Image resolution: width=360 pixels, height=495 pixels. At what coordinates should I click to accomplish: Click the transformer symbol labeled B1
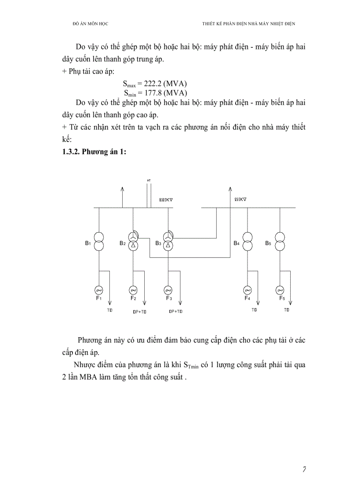[x=99, y=242]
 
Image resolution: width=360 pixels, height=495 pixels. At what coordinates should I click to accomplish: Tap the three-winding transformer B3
[x=168, y=242]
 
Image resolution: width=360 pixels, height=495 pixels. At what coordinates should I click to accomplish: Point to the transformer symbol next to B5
[x=280, y=242]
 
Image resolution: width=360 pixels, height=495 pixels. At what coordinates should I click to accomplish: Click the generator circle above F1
[x=99, y=290]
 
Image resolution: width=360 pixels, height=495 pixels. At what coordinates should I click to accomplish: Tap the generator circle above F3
[x=168, y=290]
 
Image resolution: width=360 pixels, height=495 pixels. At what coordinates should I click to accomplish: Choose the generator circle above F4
[x=247, y=290]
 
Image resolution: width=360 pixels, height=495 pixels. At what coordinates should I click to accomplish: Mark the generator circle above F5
[x=280, y=290]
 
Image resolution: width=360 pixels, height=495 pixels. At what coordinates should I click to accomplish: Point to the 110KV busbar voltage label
[x=240, y=199]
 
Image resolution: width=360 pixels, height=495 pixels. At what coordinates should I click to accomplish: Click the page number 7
[x=304, y=469]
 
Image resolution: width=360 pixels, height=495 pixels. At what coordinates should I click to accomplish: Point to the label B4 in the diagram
[x=236, y=243]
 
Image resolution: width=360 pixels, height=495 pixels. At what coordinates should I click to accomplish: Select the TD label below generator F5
[x=287, y=310]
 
